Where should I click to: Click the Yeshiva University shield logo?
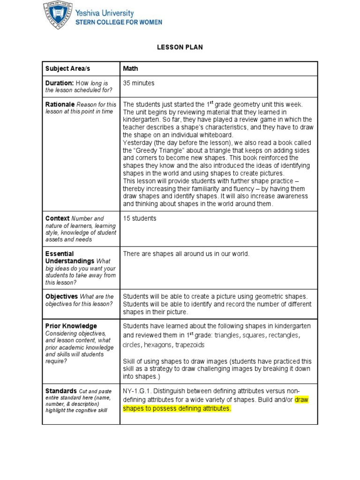[x=58, y=15]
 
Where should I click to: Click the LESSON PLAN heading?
[x=180, y=47]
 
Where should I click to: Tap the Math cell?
[x=130, y=68]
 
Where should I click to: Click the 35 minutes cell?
[x=138, y=83]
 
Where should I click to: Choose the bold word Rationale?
[x=60, y=104]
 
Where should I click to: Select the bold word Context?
[x=57, y=218]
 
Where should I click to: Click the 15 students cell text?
[x=139, y=218]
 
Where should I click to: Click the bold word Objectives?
[x=61, y=297]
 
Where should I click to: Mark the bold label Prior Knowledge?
[x=71, y=326]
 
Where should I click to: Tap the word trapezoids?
[x=190, y=345]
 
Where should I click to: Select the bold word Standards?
[x=61, y=390]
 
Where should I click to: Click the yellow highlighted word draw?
[x=301, y=400]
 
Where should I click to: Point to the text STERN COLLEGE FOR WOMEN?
[x=120, y=22]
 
